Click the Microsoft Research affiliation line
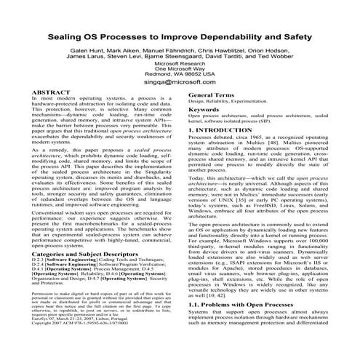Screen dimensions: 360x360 point(180,74)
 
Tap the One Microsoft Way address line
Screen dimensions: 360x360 point(180,83)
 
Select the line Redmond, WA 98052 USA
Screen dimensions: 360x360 point(180,92)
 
